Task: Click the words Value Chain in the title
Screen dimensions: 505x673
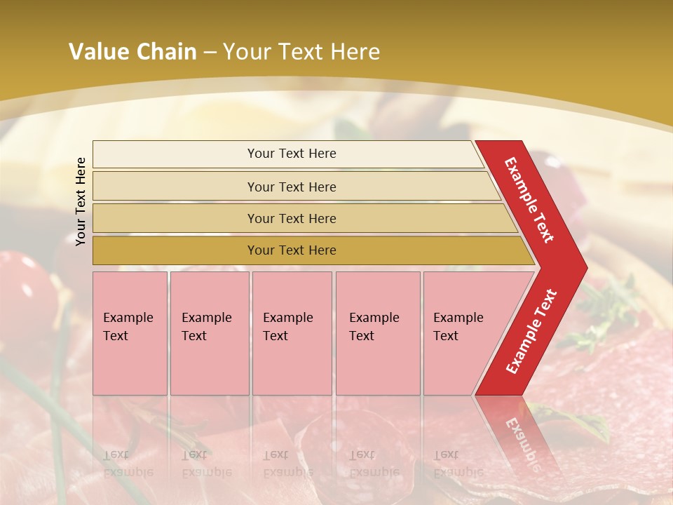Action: pyautogui.click(x=132, y=52)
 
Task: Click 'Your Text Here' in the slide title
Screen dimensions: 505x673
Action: pyautogui.click(x=301, y=52)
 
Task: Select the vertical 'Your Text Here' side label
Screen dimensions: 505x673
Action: pyautogui.click(x=81, y=201)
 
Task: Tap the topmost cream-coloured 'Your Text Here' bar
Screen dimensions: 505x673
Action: pyautogui.click(x=292, y=154)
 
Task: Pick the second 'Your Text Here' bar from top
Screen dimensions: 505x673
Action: pyautogui.click(x=292, y=187)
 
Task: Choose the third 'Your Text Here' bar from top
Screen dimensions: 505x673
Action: pyautogui.click(x=292, y=218)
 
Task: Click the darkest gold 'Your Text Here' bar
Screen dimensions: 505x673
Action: pyautogui.click(x=292, y=250)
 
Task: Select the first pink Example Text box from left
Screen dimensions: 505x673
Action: pyautogui.click(x=130, y=332)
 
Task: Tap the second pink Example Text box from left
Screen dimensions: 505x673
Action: pyautogui.click(x=209, y=332)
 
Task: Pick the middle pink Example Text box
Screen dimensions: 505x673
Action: pyautogui.click(x=292, y=332)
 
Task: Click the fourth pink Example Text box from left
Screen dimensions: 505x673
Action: pyautogui.click(x=377, y=332)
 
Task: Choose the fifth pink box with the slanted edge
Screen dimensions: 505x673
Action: pyautogui.click(x=463, y=332)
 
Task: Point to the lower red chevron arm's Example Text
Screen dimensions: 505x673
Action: pyautogui.click(x=531, y=331)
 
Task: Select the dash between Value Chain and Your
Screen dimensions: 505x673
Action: pyautogui.click(x=210, y=53)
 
